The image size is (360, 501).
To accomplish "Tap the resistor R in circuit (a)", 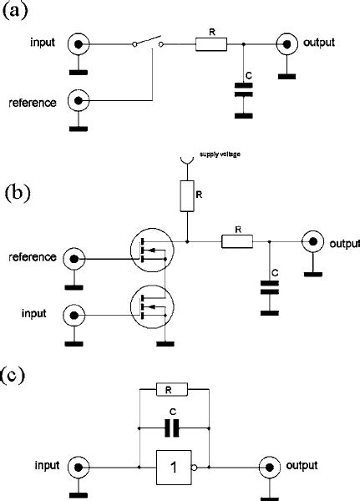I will tap(210, 43).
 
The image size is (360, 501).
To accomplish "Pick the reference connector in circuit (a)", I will tap(79, 102).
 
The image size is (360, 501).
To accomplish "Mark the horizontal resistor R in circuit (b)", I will tap(237, 242).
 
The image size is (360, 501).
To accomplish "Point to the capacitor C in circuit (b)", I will tap(270, 287).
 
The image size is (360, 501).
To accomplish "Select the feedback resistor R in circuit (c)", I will tap(170, 389).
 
